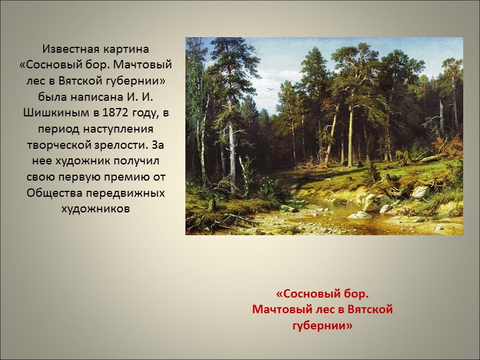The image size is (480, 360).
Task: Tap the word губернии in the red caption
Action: coord(322,325)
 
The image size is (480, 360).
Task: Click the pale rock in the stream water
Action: coord(359,214)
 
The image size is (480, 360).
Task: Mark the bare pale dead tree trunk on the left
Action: coord(231,150)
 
